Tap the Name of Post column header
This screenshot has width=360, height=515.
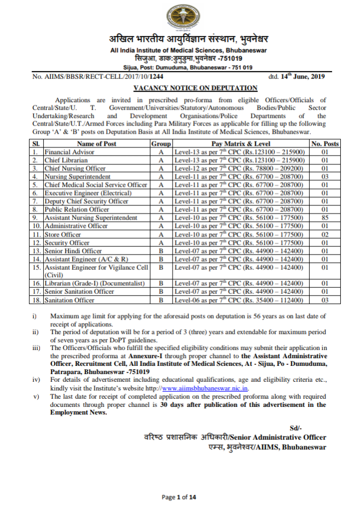[x=96, y=144]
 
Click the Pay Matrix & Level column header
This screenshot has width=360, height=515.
[x=240, y=144]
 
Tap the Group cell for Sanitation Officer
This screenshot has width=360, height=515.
[x=161, y=300]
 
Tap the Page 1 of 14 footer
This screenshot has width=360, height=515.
[x=180, y=496]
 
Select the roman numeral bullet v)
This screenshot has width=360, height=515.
[x=36, y=396]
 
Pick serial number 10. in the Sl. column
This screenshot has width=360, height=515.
[x=36, y=226]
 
